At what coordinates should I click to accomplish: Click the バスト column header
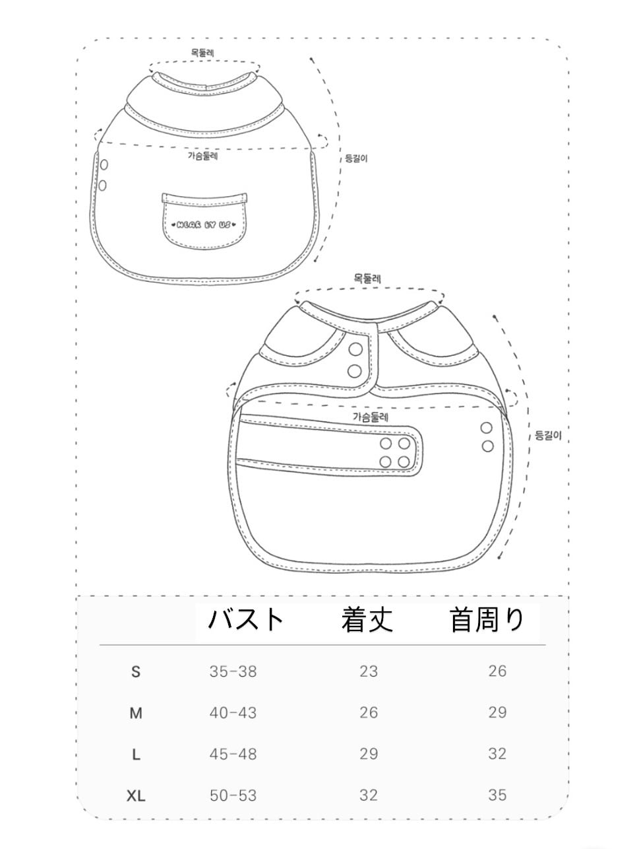click(x=245, y=620)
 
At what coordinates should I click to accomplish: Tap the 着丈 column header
click(x=367, y=620)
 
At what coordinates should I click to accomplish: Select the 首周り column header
click(x=487, y=620)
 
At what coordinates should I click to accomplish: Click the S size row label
click(x=136, y=672)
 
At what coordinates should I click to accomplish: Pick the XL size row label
click(x=136, y=796)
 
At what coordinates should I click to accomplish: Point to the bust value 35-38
click(x=233, y=671)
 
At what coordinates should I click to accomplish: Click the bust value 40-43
click(x=233, y=713)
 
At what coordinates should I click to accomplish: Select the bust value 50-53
click(x=233, y=795)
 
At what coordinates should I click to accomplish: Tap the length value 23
click(x=369, y=671)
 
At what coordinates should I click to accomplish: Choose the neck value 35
click(x=497, y=795)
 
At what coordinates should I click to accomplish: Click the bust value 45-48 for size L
click(x=233, y=754)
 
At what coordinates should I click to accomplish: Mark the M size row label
click(x=136, y=714)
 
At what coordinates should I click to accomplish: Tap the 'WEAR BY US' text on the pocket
click(x=204, y=224)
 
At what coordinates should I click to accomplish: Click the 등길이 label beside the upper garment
click(x=356, y=158)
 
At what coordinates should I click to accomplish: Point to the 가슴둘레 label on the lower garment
click(x=371, y=417)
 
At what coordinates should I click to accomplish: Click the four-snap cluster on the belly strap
click(x=394, y=452)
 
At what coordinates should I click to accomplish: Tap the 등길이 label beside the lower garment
click(x=548, y=436)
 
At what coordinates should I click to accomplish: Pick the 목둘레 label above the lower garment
click(x=367, y=279)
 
